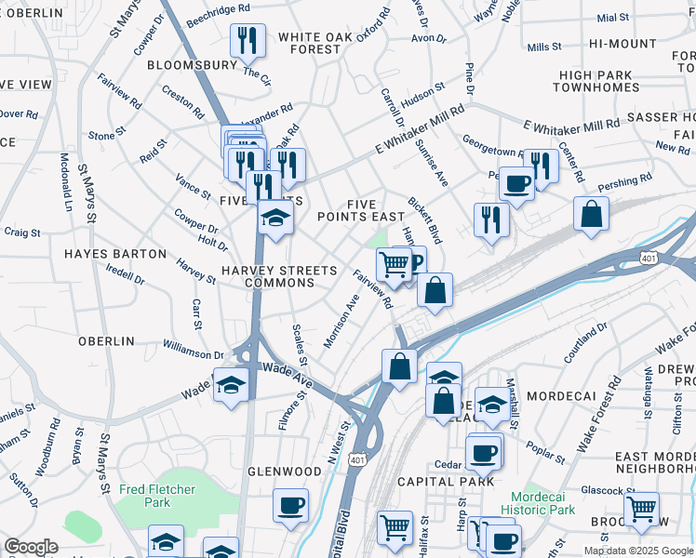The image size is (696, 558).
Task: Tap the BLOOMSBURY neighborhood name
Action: (x=192, y=66)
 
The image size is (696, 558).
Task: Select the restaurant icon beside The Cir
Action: (x=248, y=40)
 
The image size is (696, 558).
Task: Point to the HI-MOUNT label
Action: (x=622, y=44)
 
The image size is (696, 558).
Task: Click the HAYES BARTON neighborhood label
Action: (x=108, y=253)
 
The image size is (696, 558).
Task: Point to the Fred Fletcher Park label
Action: (x=144, y=496)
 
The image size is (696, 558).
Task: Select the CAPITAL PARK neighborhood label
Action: (x=446, y=482)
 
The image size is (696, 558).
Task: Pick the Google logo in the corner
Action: (x=31, y=547)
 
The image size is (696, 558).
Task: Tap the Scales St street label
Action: (x=299, y=344)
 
